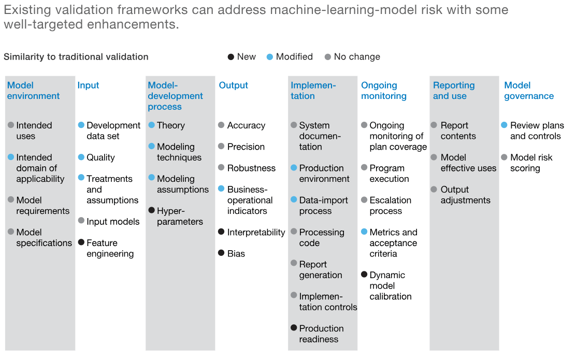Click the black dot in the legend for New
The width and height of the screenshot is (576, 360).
coord(231,57)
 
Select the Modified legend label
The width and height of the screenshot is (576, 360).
coord(294,57)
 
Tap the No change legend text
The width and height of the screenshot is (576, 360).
coord(357,57)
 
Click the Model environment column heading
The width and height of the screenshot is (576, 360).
coord(33,91)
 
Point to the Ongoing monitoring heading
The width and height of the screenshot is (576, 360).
coord(384,91)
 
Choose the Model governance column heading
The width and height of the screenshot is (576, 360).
coord(529,91)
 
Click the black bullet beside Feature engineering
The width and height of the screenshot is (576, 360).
coord(81,242)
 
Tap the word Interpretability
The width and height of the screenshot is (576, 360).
coord(256,233)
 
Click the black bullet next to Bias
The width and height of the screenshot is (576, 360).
coord(221,253)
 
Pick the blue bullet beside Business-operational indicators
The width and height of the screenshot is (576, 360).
coord(221,189)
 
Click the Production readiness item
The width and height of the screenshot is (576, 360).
coord(321,334)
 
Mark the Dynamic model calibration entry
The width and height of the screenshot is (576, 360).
coord(390,286)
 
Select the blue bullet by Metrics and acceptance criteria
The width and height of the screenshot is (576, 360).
coord(364,232)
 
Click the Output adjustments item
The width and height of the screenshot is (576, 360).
coord(465,195)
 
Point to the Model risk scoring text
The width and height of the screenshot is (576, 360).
coord(531,163)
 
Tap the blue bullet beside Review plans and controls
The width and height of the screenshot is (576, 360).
coord(504,125)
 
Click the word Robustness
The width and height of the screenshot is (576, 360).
coord(251,168)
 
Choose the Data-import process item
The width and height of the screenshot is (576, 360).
coord(323,206)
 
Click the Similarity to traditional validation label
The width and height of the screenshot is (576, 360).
coord(76,57)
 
